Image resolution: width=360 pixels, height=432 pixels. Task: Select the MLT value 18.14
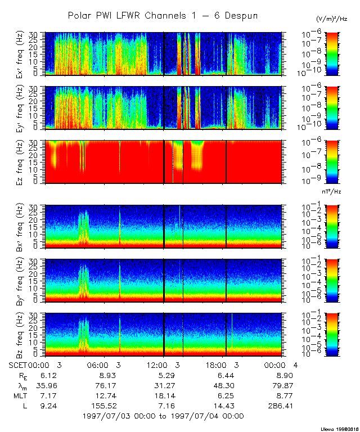click(x=164, y=395)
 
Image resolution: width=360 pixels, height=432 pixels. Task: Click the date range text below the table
click(x=163, y=416)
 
